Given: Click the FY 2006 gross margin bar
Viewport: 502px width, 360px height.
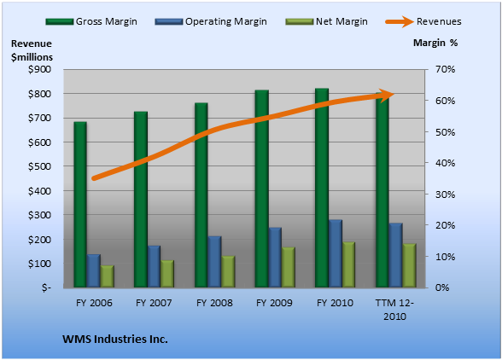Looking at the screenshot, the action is (80, 205).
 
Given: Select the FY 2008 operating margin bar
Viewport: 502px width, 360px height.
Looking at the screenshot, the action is (214, 262).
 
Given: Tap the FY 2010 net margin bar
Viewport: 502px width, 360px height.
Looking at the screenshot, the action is (348, 264).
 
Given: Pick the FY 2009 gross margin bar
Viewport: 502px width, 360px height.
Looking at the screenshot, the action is (262, 189).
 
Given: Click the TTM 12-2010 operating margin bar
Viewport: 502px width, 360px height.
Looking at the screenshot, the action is (396, 255).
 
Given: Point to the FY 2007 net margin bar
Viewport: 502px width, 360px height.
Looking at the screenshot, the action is (167, 274).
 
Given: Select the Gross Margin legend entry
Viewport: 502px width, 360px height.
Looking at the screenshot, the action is (91, 21).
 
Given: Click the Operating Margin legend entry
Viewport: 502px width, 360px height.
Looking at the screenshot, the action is (211, 21).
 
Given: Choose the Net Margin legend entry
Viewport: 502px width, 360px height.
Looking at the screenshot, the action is (326, 21).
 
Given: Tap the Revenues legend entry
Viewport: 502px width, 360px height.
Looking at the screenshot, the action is (423, 21).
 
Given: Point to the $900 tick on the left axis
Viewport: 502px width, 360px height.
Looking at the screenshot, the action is (39, 69).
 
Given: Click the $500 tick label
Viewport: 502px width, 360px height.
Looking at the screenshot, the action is (39, 166).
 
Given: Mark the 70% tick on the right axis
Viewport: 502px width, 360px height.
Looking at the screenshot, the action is (445, 69).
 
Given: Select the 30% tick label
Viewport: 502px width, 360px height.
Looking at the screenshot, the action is (445, 195).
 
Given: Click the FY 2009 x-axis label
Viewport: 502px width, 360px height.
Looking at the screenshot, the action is (274, 303).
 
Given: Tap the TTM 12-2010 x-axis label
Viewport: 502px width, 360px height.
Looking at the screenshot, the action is (394, 310).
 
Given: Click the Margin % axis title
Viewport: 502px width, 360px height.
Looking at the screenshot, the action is (435, 43).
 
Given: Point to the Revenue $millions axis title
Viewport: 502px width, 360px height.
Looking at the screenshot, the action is (32, 50).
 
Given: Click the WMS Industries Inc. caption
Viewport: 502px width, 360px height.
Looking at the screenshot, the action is (115, 339).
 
